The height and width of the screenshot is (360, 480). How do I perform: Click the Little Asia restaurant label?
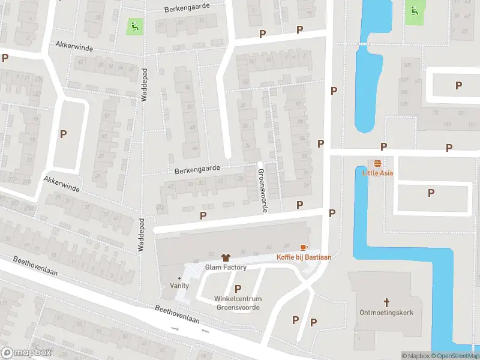377,173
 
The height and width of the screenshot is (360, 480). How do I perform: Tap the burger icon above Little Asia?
377,163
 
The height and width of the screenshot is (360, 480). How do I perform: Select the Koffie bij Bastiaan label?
304,257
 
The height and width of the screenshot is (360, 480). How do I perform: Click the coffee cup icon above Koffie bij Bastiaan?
304,247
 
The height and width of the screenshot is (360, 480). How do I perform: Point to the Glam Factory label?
226,267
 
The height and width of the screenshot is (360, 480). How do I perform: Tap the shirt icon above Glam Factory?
226,257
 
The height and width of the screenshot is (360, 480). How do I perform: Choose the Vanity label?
179,286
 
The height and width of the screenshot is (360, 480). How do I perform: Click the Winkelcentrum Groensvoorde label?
238,303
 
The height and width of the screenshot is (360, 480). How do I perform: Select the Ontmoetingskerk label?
387,313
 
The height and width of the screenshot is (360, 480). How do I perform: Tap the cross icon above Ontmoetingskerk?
387,302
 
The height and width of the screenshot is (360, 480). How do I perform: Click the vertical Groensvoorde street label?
262,190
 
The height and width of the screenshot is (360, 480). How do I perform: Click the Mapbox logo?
26,353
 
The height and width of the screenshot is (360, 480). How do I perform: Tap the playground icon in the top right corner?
413,10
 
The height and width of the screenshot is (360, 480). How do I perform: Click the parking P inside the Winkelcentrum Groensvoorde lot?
238,289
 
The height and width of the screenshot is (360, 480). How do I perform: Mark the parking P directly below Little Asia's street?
431,193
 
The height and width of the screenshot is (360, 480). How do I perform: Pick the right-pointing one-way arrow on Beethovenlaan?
175,329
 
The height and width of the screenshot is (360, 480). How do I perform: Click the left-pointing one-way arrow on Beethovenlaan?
205,331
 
